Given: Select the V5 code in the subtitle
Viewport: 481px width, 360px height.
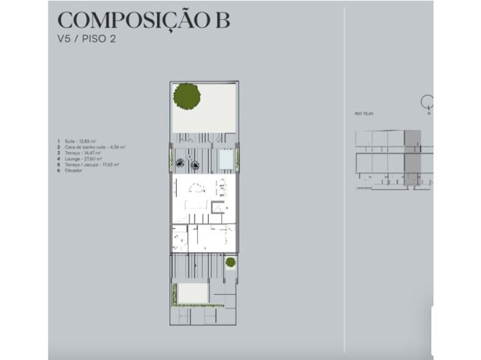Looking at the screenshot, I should coord(65,39).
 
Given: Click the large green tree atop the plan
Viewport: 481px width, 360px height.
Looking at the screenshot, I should coord(186,95).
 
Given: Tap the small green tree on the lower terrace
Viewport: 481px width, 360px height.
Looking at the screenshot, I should coord(231,262).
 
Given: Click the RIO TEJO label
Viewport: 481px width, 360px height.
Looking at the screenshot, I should coord(364,113).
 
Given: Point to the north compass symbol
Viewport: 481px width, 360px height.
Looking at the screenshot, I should coord(428,103).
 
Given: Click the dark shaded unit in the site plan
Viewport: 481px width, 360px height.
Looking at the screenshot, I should coord(412,159).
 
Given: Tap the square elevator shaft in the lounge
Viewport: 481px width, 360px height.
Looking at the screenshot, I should coord(218,207).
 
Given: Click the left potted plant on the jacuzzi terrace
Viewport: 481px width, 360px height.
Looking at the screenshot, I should coord(180,162).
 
